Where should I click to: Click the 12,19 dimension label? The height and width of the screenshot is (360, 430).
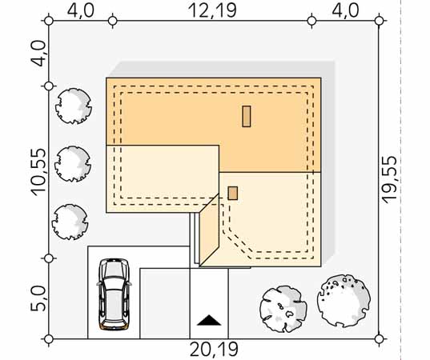point(212,11)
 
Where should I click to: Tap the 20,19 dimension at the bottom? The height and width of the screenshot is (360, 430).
point(214,350)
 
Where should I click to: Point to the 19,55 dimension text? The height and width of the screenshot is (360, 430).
point(390,179)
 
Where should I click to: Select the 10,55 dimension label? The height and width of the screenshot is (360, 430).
point(38,172)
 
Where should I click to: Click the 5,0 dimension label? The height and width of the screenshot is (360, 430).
point(38,298)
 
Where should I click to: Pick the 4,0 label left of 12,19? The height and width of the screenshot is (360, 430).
point(81,11)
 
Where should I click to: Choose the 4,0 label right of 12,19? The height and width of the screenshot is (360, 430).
point(346,11)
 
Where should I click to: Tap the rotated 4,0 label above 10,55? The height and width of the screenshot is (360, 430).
point(38,54)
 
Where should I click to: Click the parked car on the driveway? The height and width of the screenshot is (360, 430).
point(114,294)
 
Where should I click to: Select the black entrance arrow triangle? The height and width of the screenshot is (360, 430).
point(209,321)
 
